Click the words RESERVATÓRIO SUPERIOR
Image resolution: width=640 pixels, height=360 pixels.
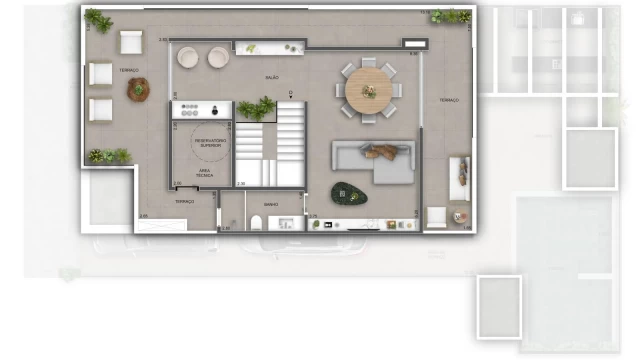[x=210, y=143]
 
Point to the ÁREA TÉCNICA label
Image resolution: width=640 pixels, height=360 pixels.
[x=204, y=172]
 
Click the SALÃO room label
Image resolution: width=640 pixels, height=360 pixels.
[x=271, y=76]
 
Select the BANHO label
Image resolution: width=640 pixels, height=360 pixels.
[x=271, y=204]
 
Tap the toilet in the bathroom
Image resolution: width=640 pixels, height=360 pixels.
[x=256, y=222]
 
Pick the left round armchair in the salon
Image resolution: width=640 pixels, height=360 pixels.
[x=189, y=59]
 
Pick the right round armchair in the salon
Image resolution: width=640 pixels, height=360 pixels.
[x=218, y=59]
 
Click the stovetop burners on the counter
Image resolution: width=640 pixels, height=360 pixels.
[x=189, y=109]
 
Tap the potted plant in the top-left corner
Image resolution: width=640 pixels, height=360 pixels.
[x=98, y=19]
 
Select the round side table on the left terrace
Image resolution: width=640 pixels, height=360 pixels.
[x=138, y=89]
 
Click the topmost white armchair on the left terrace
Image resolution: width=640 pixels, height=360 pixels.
[x=131, y=41]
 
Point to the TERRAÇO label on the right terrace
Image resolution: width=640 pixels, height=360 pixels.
[x=447, y=100]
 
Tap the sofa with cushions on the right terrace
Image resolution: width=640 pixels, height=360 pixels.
[x=459, y=178]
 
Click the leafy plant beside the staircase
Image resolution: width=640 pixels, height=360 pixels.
[x=257, y=108]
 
